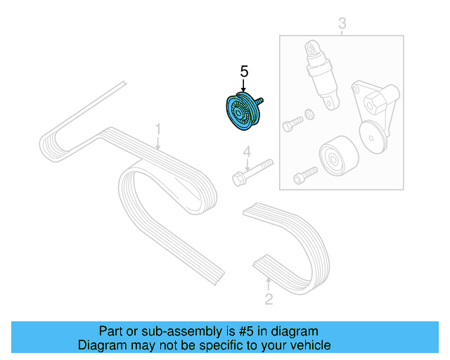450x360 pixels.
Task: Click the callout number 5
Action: [x=244, y=71]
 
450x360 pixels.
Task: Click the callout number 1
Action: [x=158, y=129]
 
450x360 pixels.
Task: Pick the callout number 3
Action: [x=342, y=25]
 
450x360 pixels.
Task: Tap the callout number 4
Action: [x=247, y=152]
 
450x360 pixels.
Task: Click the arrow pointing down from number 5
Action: [x=244, y=85]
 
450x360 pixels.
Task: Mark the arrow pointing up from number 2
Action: [x=268, y=285]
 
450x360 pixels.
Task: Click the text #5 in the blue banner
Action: [x=228, y=330]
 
